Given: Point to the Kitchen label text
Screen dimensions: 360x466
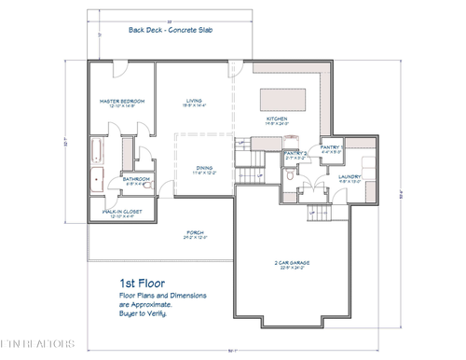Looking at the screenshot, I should point(277,118).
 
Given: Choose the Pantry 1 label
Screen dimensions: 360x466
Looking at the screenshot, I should point(333,147).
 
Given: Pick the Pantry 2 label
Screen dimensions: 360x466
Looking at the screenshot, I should point(295,155).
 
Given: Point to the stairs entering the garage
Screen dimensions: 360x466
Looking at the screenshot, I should point(318,215).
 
